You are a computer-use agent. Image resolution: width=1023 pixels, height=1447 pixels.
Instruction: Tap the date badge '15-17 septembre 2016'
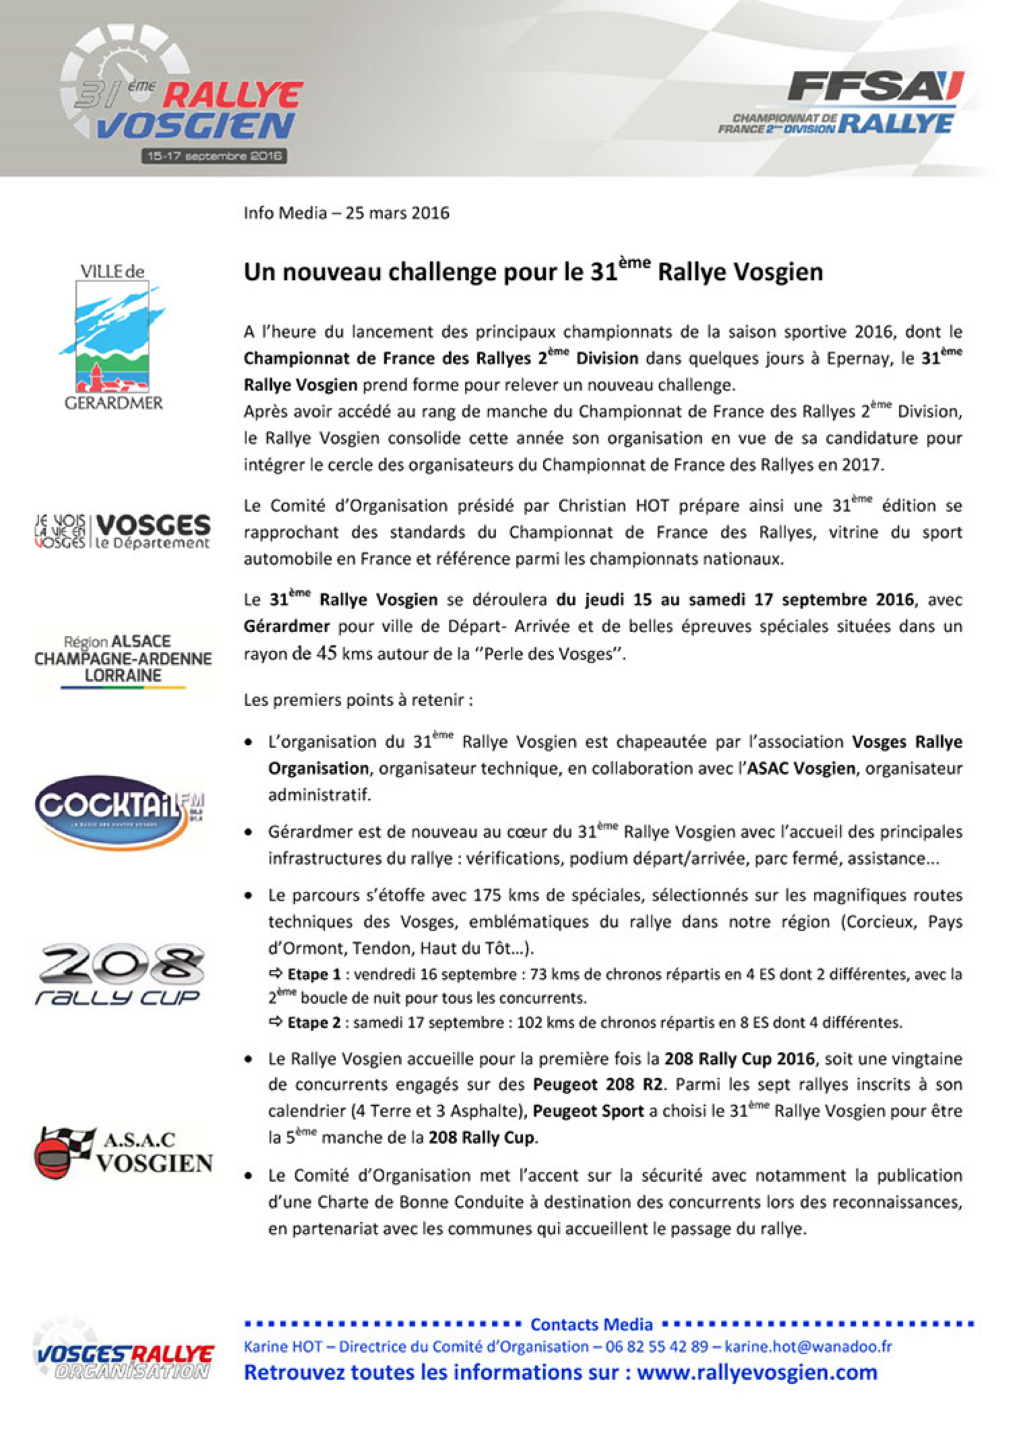[x=214, y=156]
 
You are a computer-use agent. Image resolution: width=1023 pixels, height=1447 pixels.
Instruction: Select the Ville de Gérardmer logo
[x=113, y=337]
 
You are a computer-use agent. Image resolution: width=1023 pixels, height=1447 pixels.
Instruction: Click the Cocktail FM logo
[x=120, y=811]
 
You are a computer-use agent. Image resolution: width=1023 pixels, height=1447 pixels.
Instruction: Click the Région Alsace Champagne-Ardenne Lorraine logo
[x=122, y=660]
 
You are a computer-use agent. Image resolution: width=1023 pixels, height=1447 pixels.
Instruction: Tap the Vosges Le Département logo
[x=122, y=532]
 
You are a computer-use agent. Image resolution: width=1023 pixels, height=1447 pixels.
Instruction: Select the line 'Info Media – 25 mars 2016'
[x=346, y=213]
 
